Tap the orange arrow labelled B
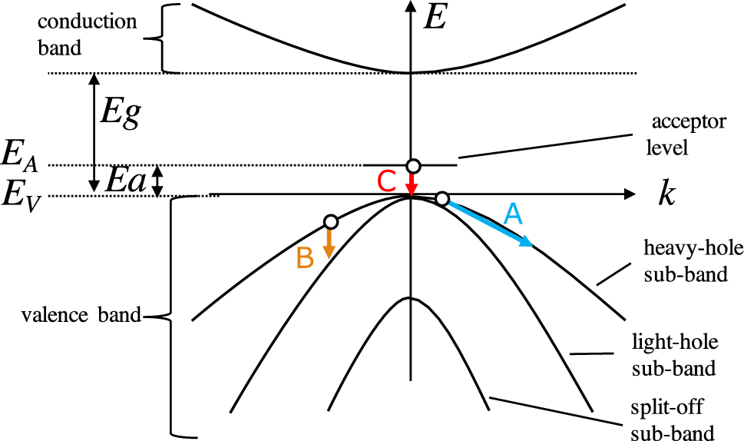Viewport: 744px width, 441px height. click(329, 243)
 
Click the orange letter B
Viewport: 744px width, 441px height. click(305, 259)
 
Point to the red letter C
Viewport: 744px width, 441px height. click(387, 181)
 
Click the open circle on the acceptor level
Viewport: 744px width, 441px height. click(413, 166)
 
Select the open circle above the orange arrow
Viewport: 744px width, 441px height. click(331, 222)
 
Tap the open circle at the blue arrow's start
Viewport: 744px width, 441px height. click(442, 199)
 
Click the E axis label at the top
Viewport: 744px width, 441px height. click(435, 17)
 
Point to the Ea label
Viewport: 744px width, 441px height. click(124, 181)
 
